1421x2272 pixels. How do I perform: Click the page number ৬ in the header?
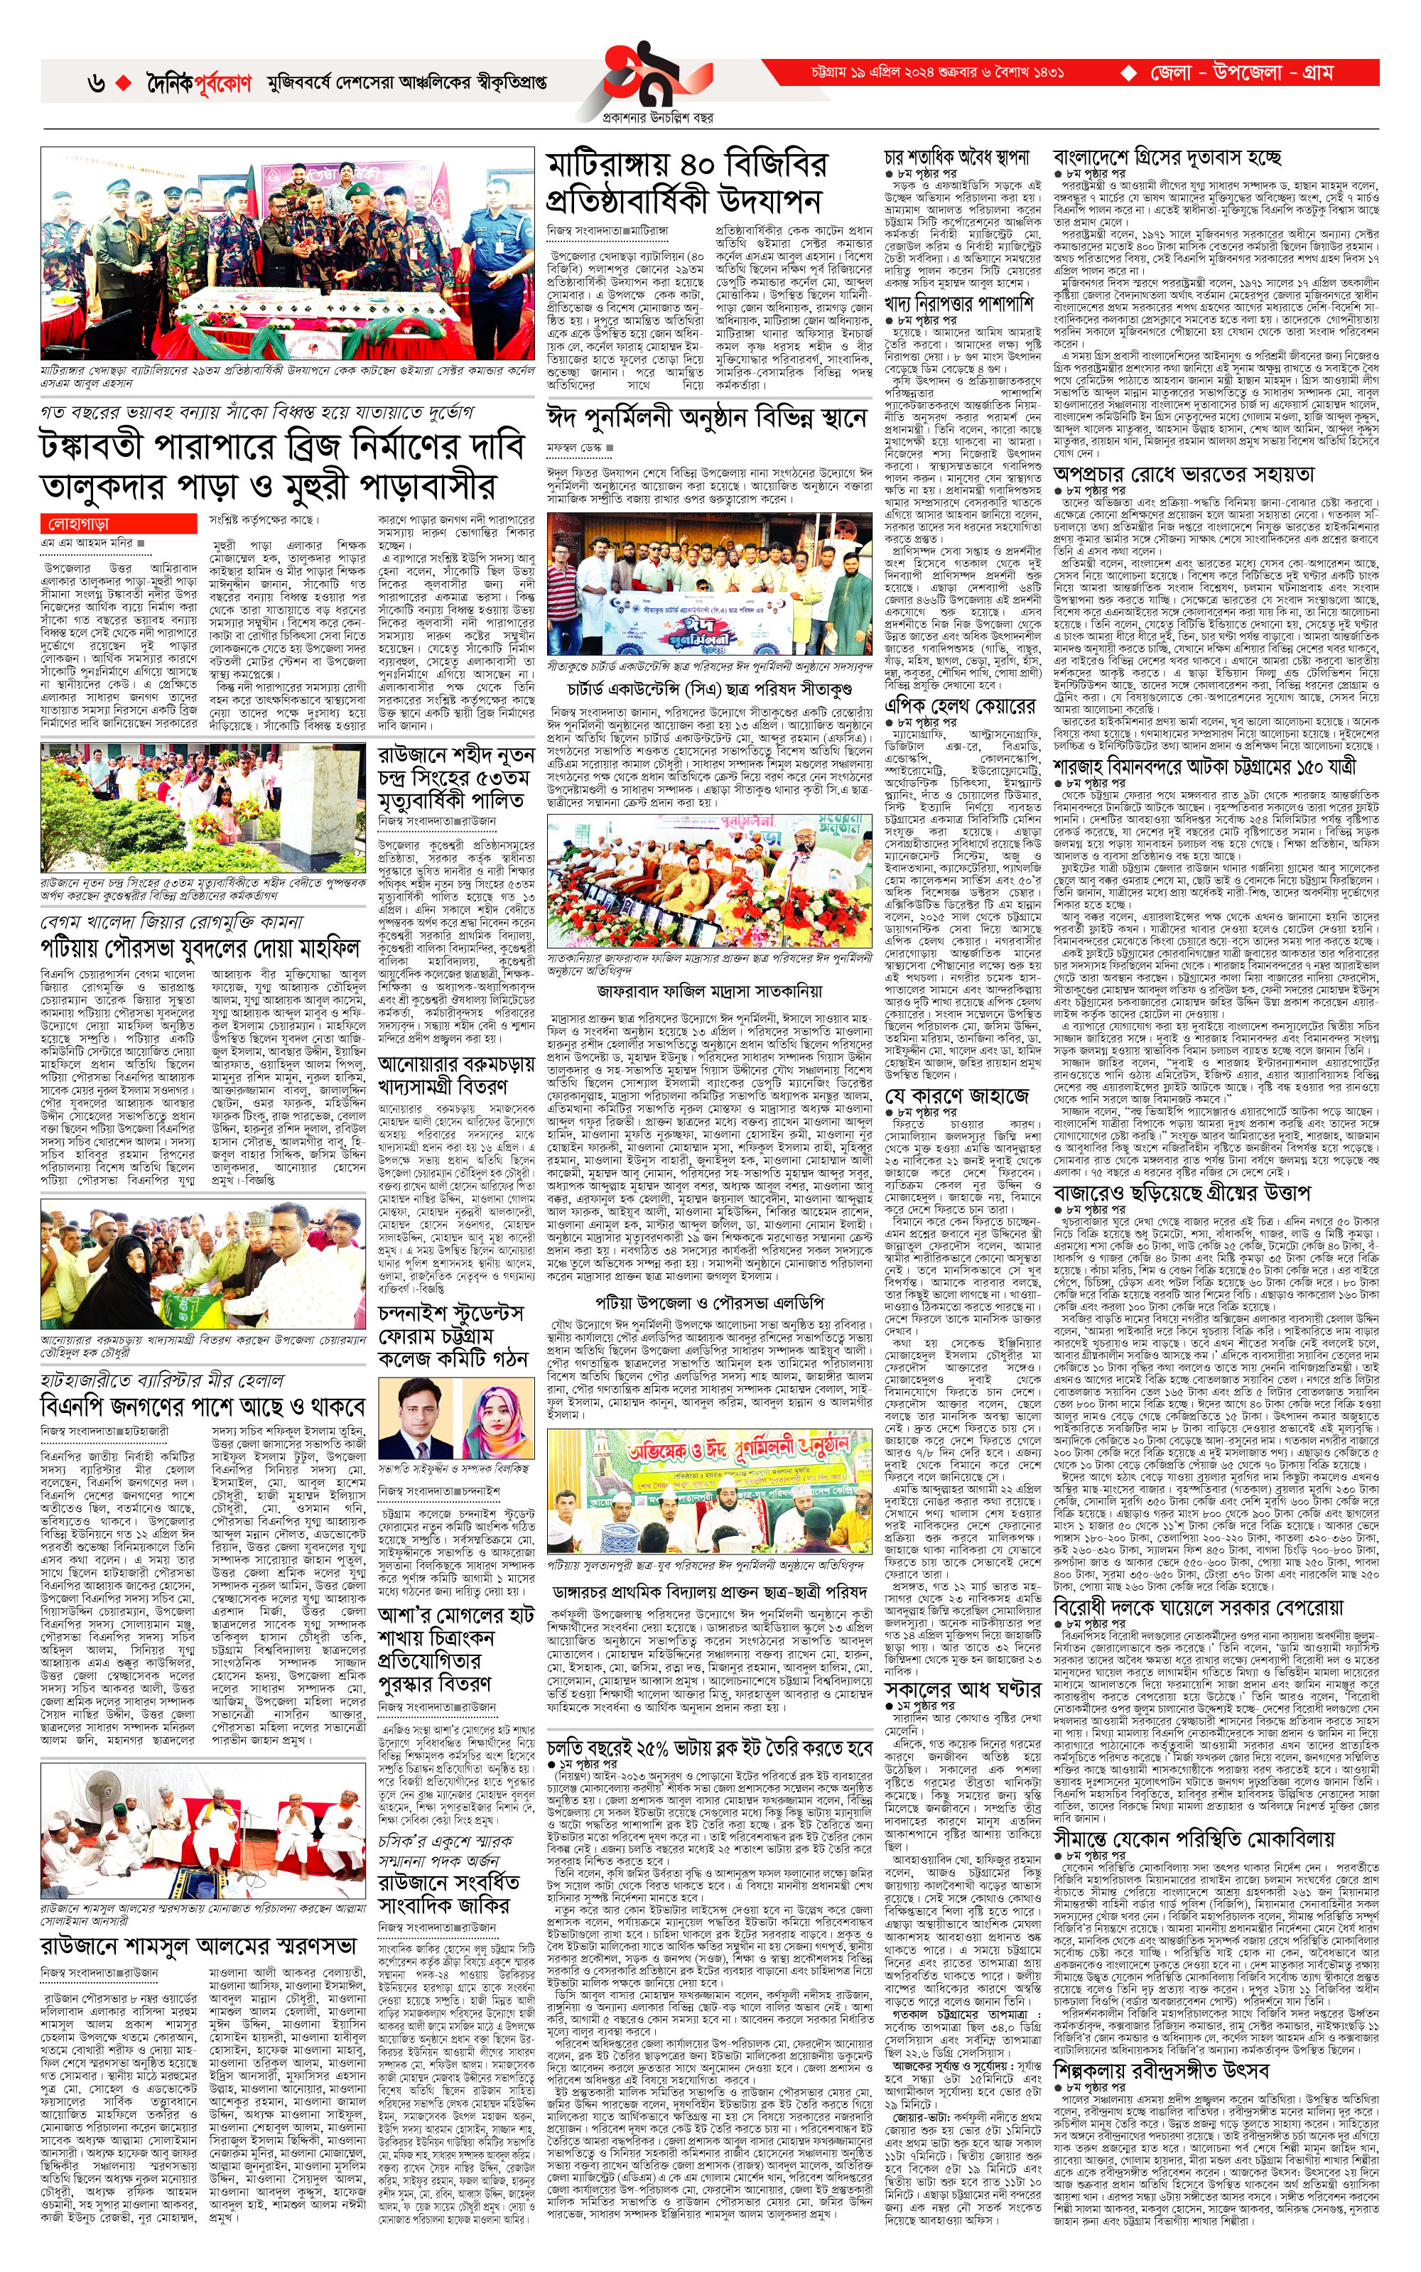[96, 84]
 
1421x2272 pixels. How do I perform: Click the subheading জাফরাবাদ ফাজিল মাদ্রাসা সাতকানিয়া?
[708, 990]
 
